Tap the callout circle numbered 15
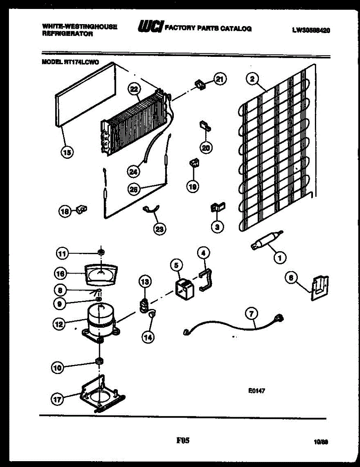coord(67,153)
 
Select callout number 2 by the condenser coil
coord(252,79)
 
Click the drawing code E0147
coord(257,392)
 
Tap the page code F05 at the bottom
coord(183,441)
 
